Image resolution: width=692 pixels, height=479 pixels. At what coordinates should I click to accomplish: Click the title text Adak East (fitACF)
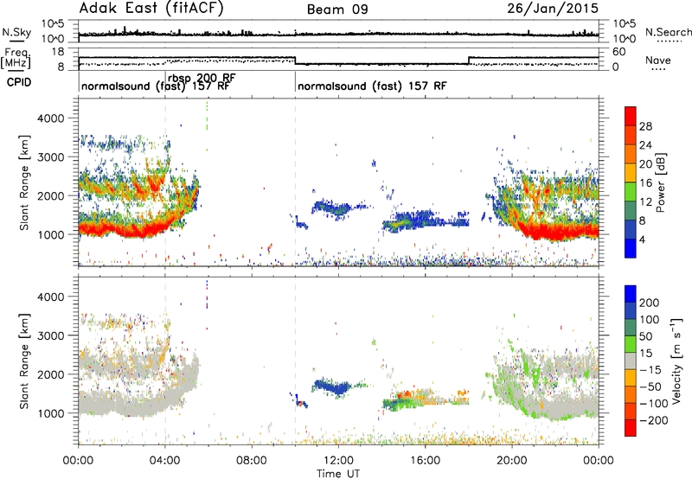tap(151, 8)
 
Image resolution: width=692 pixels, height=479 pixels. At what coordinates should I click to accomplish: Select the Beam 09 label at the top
tap(337, 10)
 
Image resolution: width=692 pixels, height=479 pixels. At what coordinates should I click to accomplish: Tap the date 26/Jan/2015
tap(553, 8)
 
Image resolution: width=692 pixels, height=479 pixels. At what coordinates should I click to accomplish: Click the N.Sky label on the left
tap(16, 32)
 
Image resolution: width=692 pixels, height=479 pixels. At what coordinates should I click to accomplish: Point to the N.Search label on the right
tap(668, 32)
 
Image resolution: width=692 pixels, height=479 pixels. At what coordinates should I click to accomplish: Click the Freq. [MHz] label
tap(16, 59)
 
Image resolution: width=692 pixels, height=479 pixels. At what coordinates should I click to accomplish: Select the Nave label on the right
tap(658, 61)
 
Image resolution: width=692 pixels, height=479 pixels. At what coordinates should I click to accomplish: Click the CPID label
tap(19, 82)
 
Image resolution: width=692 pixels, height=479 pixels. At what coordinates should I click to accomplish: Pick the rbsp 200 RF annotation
tap(202, 78)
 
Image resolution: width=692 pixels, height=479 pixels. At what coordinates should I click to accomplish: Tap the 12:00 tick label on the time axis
tap(338, 461)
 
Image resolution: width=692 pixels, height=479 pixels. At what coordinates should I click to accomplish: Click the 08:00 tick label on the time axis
tap(252, 461)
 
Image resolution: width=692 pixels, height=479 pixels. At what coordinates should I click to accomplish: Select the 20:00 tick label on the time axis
tap(511, 461)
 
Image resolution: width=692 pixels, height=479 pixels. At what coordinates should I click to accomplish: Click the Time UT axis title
tap(338, 473)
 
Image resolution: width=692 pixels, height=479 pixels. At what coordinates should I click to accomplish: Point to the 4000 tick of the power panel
tap(51, 118)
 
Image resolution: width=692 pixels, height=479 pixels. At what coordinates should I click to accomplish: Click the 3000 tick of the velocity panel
tap(51, 335)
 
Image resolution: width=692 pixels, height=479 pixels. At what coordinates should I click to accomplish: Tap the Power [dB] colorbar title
tap(660, 182)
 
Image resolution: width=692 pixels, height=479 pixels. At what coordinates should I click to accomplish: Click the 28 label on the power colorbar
tap(645, 126)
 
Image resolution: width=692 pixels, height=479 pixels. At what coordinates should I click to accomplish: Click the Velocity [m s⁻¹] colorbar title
tap(676, 361)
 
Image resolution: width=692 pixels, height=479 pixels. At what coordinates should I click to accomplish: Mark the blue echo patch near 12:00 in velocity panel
tap(332, 386)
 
